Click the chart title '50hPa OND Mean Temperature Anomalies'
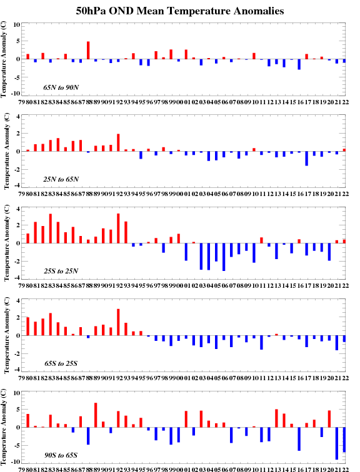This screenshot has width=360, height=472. point(180,11)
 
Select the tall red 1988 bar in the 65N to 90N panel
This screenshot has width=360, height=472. point(88,51)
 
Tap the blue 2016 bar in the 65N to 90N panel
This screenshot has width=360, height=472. point(299,64)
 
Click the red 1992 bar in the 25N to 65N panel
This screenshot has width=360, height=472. point(118,143)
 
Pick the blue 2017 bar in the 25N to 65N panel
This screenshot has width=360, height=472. point(307,159)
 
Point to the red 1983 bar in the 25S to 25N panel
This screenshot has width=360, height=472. point(51,229)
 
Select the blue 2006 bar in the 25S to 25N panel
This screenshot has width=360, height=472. point(224,257)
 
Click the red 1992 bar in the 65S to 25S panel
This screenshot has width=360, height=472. point(118,322)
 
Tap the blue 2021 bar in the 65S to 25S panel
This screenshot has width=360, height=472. point(337,343)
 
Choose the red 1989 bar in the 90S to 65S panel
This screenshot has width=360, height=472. point(96,415)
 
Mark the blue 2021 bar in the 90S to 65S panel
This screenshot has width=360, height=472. point(337,443)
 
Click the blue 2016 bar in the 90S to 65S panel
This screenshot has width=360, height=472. point(299,439)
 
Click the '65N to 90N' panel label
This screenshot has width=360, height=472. point(61,87)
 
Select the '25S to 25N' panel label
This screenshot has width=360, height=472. point(61,271)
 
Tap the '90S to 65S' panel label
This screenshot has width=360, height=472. point(61,455)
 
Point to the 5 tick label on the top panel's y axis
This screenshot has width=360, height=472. point(17,41)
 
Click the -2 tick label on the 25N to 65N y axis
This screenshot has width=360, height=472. point(17,170)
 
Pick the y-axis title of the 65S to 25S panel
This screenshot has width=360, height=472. point(7,335)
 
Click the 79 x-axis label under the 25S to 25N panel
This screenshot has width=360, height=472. point(21,286)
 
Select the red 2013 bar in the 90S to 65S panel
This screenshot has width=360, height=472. point(276,418)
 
